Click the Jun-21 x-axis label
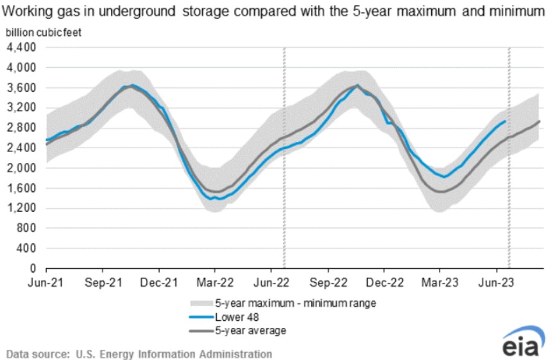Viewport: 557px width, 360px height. pyautogui.click(x=47, y=281)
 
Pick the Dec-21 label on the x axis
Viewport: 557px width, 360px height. pyautogui.click(x=160, y=281)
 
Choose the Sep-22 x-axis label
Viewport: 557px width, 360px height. pyautogui.click(x=328, y=281)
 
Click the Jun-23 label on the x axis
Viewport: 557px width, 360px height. pyautogui.click(x=496, y=281)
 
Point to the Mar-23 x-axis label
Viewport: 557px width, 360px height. pyautogui.click(x=440, y=281)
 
